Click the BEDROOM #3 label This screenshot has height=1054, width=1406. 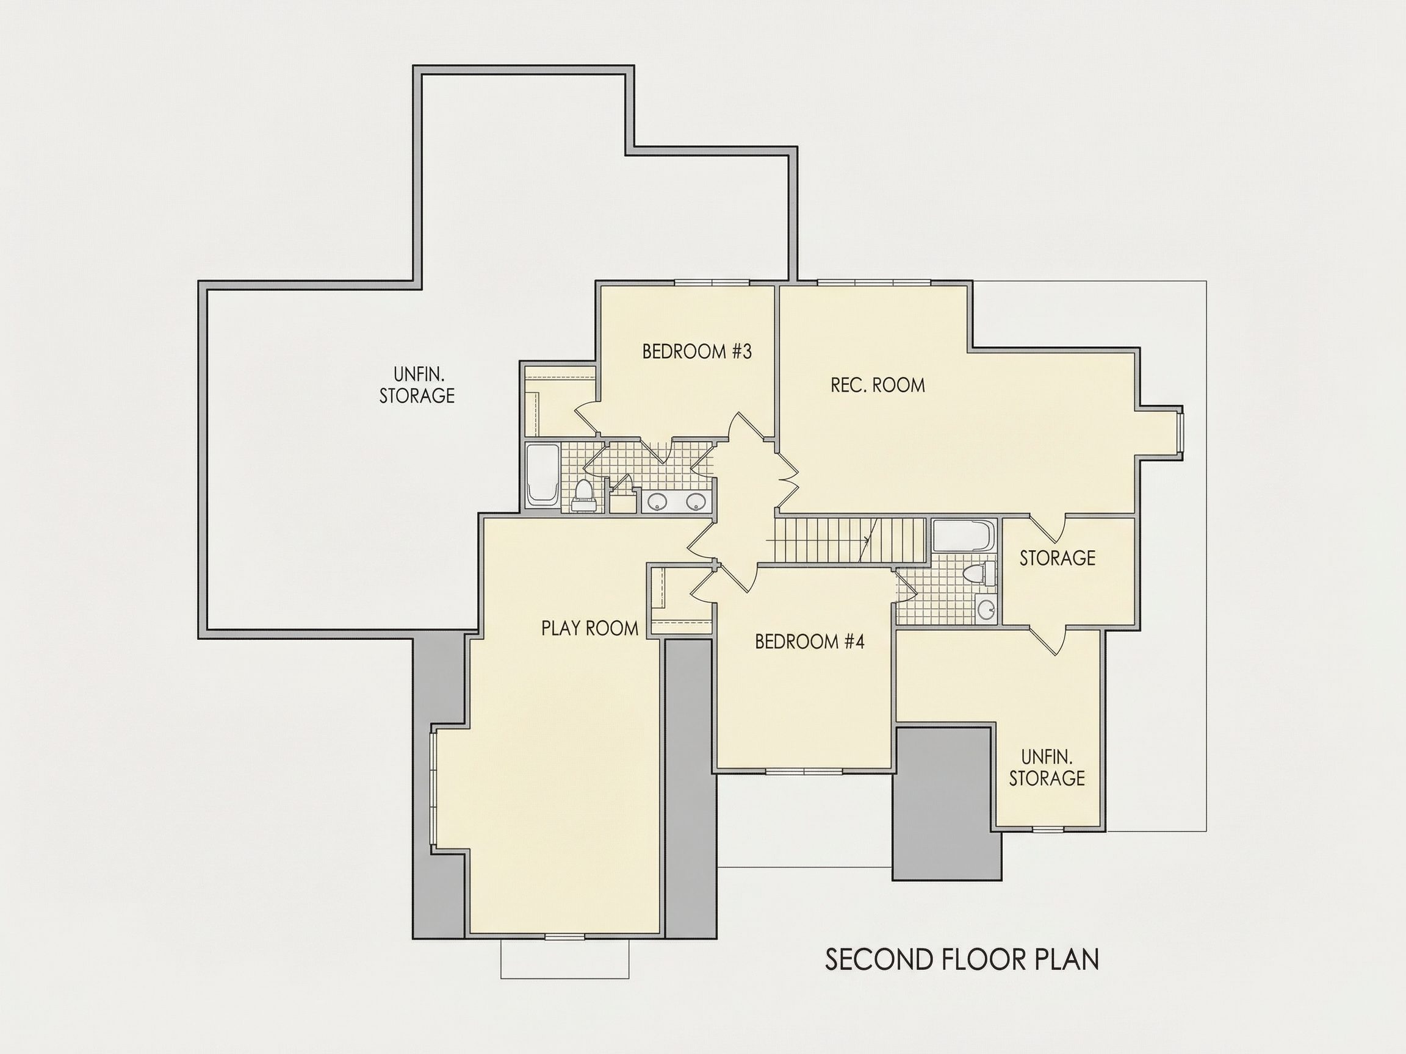coord(697,351)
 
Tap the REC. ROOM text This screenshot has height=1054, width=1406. coord(877,385)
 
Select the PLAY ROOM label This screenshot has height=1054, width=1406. coord(589,628)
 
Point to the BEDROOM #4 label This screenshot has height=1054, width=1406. coord(809,642)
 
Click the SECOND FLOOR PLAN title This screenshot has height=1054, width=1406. coord(962,960)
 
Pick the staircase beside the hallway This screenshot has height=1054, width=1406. coord(850,540)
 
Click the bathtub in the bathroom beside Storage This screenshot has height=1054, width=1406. coord(964,537)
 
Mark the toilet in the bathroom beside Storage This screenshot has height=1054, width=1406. coord(979,574)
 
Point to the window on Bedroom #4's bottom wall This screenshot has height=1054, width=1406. coord(804,771)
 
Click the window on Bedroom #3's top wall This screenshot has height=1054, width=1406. coord(712,282)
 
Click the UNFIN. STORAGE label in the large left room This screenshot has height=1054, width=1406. coord(417,385)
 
